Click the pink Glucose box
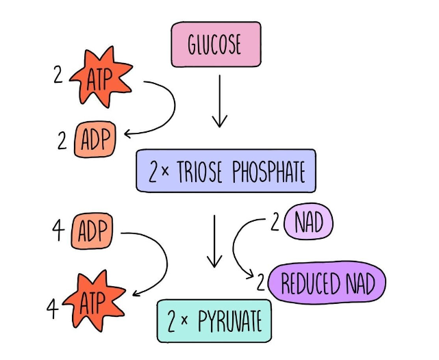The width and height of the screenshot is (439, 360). pos(216,44)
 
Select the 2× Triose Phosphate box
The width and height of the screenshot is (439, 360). pos(225,170)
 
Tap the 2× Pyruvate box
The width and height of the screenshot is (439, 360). pos(214,320)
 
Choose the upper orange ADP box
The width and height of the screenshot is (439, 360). pos(96,141)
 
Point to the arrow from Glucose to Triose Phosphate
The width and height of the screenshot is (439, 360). pos(219,101)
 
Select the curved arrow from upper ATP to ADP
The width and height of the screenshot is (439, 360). pos(164,110)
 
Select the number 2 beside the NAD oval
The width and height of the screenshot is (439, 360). pos(277,223)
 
